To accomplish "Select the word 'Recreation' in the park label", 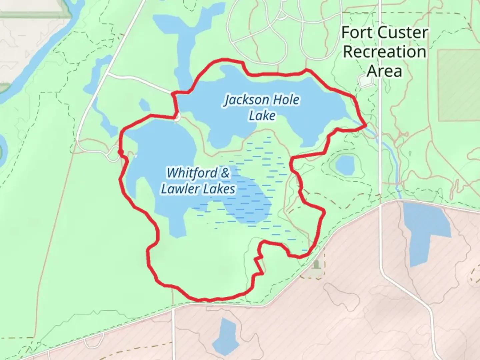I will click(x=385, y=52).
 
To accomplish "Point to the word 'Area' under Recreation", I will click(x=384, y=71).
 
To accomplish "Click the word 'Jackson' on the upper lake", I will click(x=247, y=100).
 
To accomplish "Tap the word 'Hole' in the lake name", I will click(x=286, y=100).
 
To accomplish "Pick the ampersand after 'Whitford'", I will click(x=225, y=173).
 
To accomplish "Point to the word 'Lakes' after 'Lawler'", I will click(x=219, y=189).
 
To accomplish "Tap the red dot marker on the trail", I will click(x=121, y=152).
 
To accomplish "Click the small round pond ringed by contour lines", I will click(x=345, y=165).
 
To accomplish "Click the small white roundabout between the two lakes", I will click(x=178, y=117).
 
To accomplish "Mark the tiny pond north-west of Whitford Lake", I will click(x=144, y=105).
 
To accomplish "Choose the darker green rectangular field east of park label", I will click(x=459, y=85).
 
